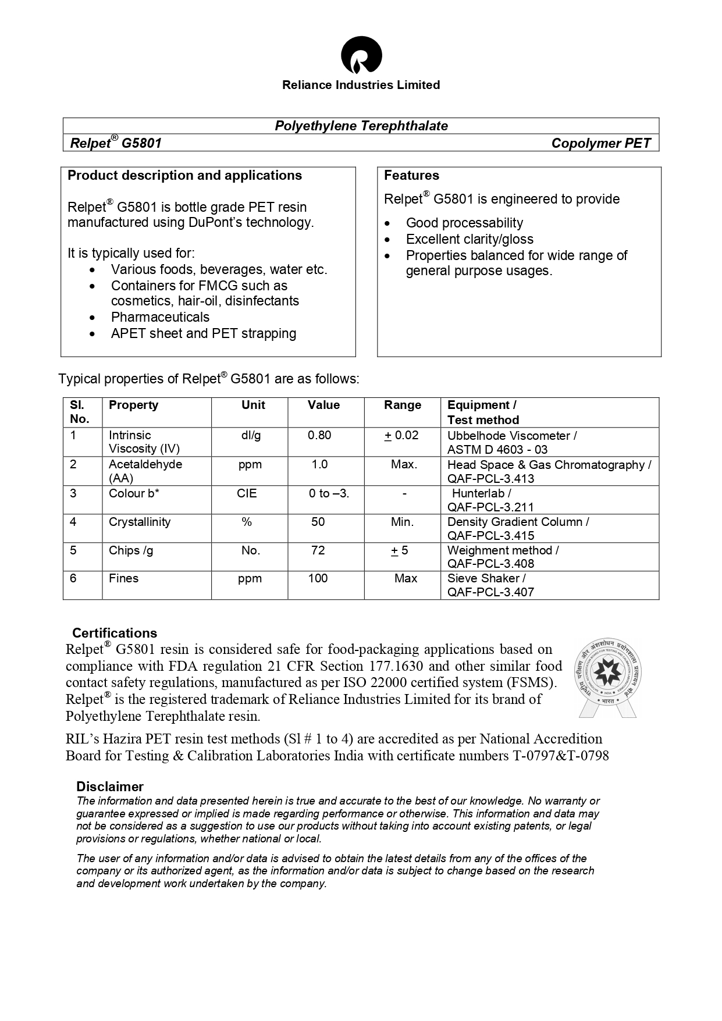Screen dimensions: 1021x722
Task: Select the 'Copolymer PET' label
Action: (x=601, y=143)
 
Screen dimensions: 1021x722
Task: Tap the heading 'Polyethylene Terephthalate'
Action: (x=361, y=126)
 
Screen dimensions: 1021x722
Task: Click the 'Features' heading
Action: (x=411, y=175)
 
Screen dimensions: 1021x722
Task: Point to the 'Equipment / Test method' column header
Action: (x=482, y=412)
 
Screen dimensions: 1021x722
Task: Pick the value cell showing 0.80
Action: (x=319, y=435)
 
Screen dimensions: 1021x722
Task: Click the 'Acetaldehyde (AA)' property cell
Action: (x=145, y=471)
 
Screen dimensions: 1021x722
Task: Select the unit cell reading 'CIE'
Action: (x=247, y=493)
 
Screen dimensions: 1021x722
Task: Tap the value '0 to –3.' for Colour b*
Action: (x=329, y=493)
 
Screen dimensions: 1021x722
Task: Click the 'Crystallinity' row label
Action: (x=140, y=522)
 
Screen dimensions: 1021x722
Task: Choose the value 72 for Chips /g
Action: (x=318, y=550)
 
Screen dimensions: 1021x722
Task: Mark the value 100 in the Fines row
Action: (x=318, y=578)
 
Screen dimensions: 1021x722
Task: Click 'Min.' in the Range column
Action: (x=402, y=522)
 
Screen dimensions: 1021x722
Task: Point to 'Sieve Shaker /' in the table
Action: (x=486, y=578)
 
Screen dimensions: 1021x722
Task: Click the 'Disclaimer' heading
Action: (x=110, y=787)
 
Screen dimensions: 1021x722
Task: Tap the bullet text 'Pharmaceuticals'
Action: (x=160, y=317)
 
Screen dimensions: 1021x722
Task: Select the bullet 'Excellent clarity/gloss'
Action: (x=470, y=239)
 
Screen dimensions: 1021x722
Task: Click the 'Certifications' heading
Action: (x=115, y=633)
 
